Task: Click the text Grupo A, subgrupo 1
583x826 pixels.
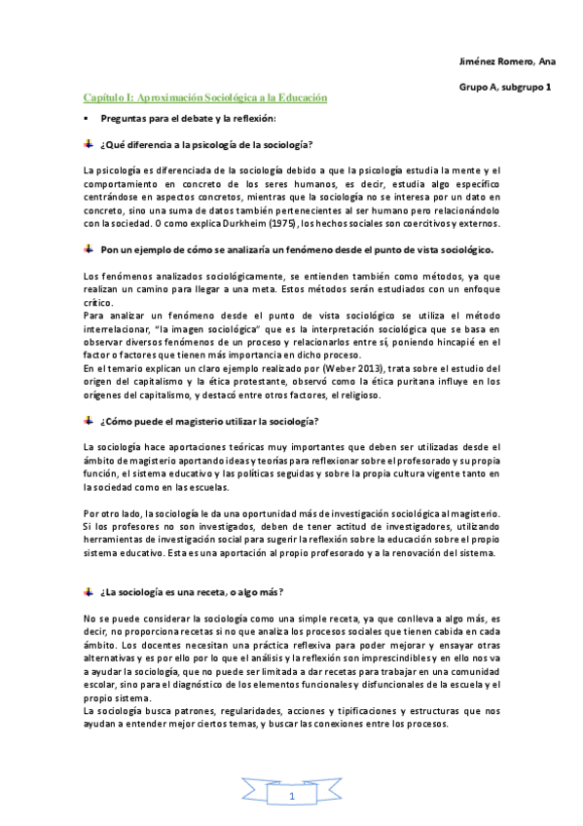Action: tap(505, 88)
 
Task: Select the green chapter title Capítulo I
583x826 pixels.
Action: tap(204, 98)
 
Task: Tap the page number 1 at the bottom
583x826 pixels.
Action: tap(291, 797)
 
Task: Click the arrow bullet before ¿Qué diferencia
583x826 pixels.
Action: tap(89, 144)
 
